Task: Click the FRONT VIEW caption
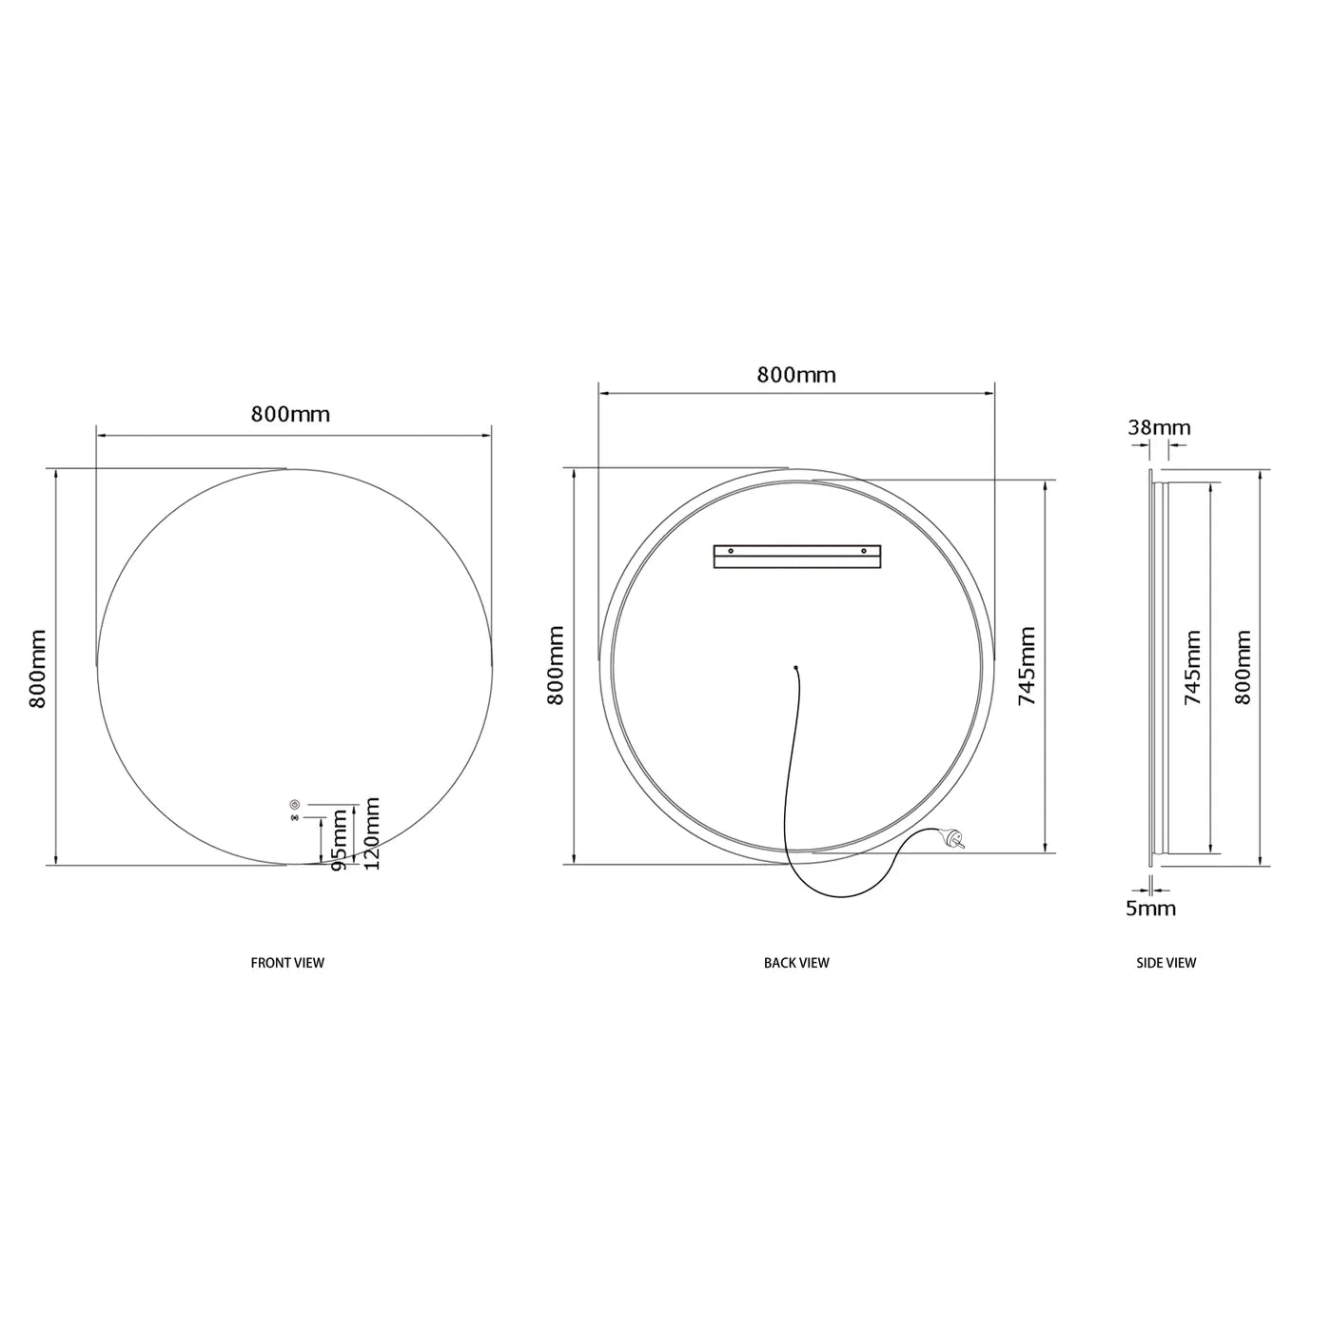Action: [287, 963]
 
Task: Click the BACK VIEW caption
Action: [796, 963]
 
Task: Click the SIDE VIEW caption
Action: [1166, 963]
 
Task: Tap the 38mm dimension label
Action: [1159, 427]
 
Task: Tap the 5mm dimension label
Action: [1151, 909]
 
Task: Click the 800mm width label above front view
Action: [290, 414]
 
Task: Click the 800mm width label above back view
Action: [796, 375]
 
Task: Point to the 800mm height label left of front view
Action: [38, 668]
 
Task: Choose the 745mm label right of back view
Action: [1027, 665]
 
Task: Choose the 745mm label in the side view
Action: [1192, 667]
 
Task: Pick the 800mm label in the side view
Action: [1243, 667]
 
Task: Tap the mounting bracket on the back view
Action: [796, 556]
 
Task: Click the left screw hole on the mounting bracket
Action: [730, 550]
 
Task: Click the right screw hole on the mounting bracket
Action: [864, 550]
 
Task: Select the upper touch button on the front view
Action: [294, 804]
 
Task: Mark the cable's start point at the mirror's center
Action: [796, 666]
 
